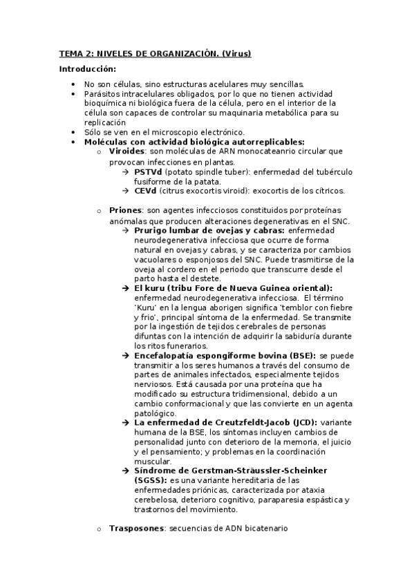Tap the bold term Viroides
pos(126,151)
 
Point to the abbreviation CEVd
pos(147,190)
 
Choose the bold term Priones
pos(124,210)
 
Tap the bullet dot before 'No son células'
pos(74,84)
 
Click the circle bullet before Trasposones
pos(99,529)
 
